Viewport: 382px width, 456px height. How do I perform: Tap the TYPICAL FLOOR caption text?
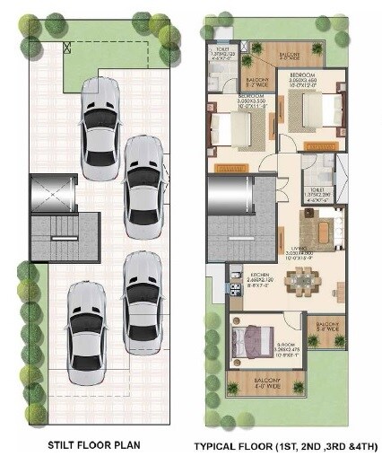[284, 445]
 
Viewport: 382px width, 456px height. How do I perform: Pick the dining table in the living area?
[313, 289]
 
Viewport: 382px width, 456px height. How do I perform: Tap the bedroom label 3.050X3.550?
[251, 99]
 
